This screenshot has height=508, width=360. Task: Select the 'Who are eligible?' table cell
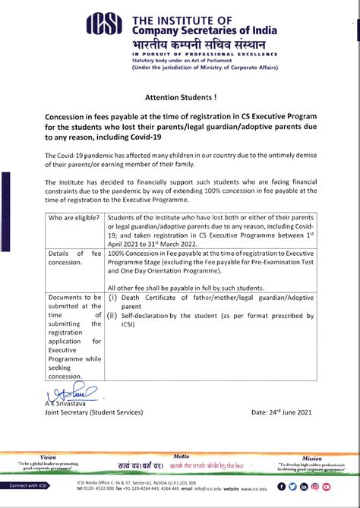(x=74, y=218)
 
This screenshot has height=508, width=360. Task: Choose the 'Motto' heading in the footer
(x=182, y=457)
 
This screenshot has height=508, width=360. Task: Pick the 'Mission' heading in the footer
(x=312, y=459)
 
